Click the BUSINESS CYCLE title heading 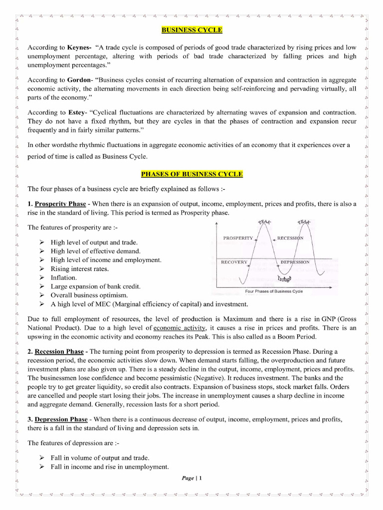(x=192, y=30)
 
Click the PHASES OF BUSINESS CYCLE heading (x=192, y=174)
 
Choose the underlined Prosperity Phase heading (x=60, y=204)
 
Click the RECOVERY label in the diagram (x=234, y=262)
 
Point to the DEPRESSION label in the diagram (x=295, y=262)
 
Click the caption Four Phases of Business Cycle (x=274, y=291)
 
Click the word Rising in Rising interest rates (x=60, y=269)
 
